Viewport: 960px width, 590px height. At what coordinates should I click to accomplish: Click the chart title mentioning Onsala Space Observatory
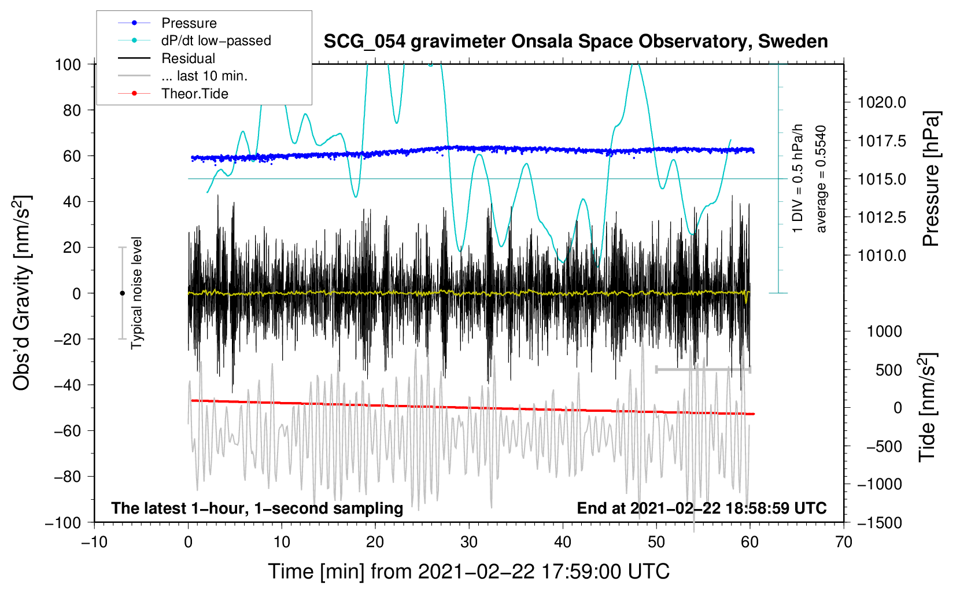(575, 42)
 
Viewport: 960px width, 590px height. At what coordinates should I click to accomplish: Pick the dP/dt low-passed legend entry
(216, 40)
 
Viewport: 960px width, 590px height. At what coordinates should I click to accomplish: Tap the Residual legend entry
(188, 58)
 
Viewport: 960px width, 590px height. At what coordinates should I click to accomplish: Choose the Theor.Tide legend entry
(194, 94)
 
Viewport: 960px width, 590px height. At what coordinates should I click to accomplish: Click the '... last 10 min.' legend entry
(204, 76)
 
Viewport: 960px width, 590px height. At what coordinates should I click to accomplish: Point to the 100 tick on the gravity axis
(68, 64)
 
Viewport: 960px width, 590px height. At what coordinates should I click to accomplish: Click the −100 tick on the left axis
(63, 522)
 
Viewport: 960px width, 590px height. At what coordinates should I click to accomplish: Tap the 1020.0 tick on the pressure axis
(881, 102)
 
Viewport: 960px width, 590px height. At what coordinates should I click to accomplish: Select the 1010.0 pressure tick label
(881, 255)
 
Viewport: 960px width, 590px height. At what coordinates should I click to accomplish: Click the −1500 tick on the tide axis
(880, 522)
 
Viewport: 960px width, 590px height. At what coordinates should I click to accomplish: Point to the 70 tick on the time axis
(844, 542)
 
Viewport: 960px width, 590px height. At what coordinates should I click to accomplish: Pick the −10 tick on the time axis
(94, 542)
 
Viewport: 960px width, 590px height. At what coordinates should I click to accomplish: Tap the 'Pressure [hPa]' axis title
(931, 179)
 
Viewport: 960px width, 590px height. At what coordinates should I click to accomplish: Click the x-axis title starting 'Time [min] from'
(468, 571)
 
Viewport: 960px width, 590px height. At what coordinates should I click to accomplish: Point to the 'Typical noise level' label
(136, 293)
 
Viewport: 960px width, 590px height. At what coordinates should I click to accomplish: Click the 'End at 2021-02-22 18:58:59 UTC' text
(701, 508)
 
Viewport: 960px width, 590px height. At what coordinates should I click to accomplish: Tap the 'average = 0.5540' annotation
(821, 179)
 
